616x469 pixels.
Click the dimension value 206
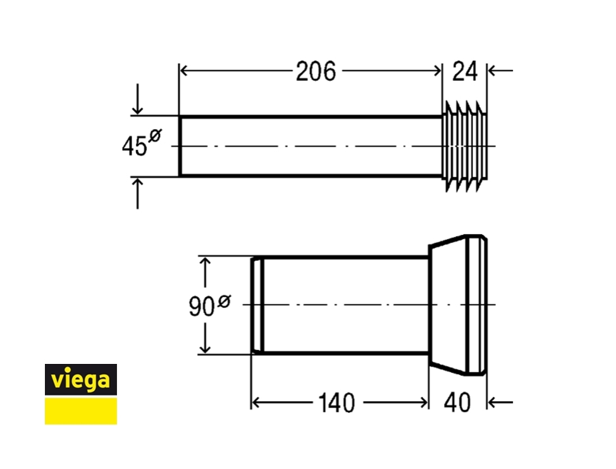(316, 72)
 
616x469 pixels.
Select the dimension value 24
(465, 72)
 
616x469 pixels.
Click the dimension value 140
(336, 403)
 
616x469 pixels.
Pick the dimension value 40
(457, 403)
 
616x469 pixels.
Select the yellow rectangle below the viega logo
(80, 411)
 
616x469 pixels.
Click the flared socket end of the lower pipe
(459, 305)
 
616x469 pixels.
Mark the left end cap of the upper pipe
(180, 146)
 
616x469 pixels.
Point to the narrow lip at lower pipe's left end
(257, 305)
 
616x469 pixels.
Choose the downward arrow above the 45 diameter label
(138, 109)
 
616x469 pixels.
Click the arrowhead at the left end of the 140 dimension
(256, 402)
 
